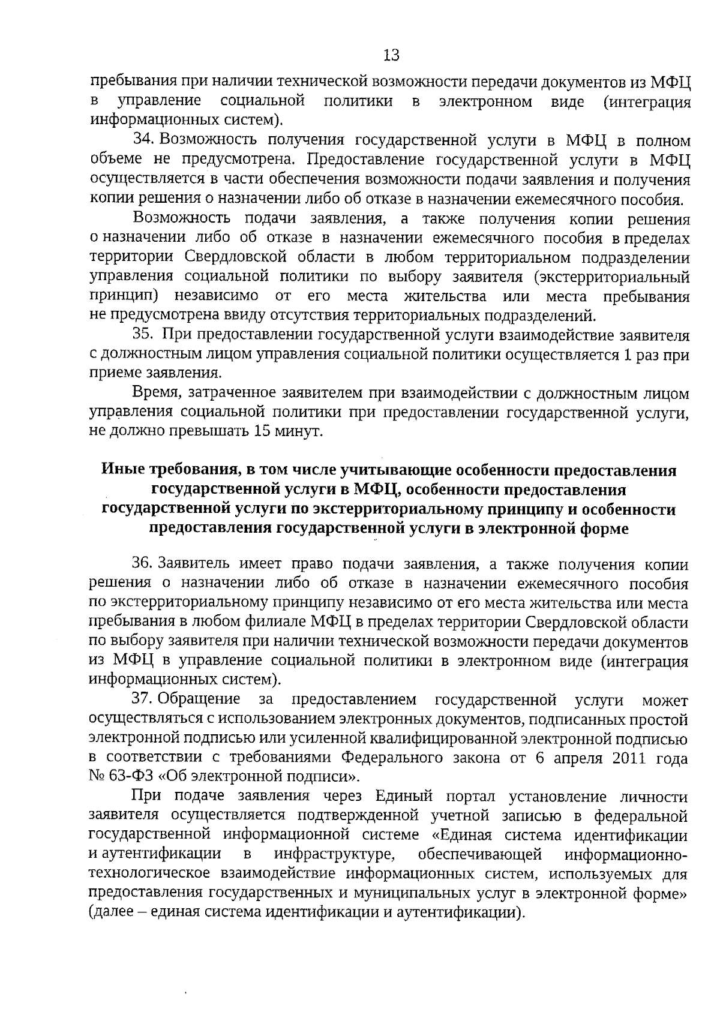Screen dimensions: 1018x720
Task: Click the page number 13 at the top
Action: pyautogui.click(x=391, y=56)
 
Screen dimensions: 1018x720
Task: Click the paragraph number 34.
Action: pyautogui.click(x=143, y=140)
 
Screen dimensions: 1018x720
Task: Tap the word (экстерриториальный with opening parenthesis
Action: pyautogui.click(x=611, y=277)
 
